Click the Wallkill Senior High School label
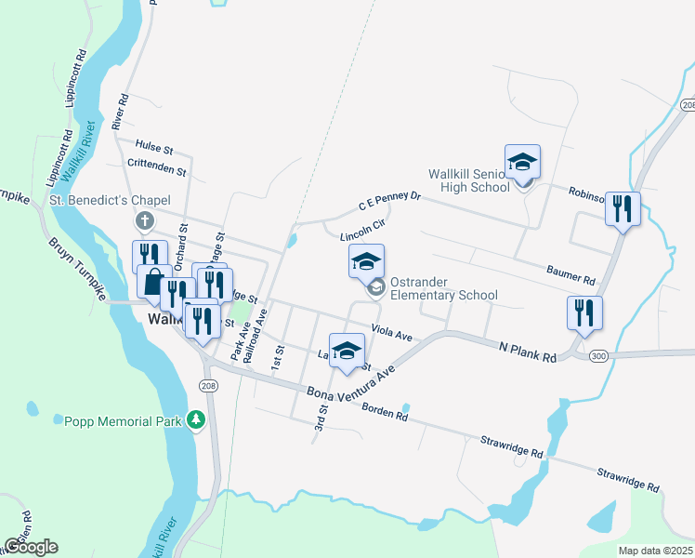pos(468,180)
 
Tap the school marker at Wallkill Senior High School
pos(522,162)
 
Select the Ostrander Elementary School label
pos(443,288)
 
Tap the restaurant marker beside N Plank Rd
pos(584,312)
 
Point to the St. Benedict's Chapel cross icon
pos(143,221)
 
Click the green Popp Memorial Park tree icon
pos(195,421)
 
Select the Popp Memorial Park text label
pos(122,421)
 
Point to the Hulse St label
pos(154,148)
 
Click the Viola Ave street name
pos(391,332)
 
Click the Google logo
pos(30,546)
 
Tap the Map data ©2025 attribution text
pos(655,551)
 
